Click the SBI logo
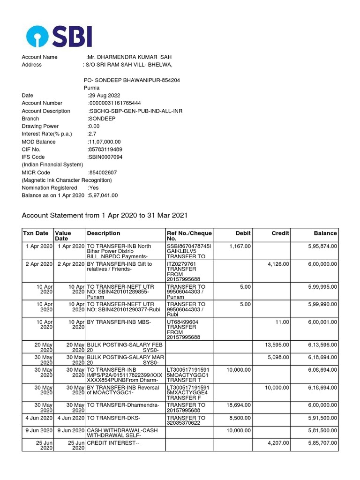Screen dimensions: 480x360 [x=59, y=36]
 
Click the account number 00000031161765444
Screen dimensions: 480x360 [x=115, y=103]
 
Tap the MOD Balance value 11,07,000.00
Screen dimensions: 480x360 [x=105, y=142]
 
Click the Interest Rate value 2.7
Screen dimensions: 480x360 [x=92, y=134]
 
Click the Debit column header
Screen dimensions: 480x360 [x=243, y=233]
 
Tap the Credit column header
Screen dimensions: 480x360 [x=280, y=233]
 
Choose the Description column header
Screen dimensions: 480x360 [x=103, y=233]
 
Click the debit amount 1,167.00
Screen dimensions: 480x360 [x=240, y=246]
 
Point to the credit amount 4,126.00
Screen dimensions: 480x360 [x=278, y=264]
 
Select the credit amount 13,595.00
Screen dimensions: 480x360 [x=277, y=345]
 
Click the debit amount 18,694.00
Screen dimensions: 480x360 [x=238, y=405]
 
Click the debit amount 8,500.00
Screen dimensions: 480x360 [x=240, y=417]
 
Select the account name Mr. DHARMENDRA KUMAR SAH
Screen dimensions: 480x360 [x=126, y=57]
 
